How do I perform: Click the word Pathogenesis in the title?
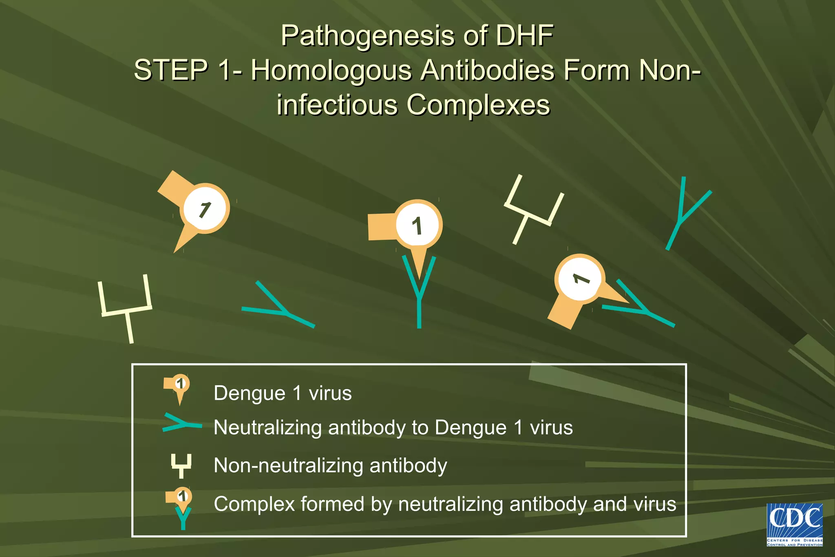click(x=368, y=36)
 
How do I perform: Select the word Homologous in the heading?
click(x=331, y=70)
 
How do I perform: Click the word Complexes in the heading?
click(x=478, y=105)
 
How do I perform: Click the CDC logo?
click(x=795, y=524)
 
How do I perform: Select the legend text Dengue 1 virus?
click(x=283, y=393)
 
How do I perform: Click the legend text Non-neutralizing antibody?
click(x=330, y=465)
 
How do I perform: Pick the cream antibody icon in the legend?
click(x=181, y=465)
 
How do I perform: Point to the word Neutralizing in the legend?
click(x=267, y=428)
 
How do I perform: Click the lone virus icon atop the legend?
click(x=178, y=387)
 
